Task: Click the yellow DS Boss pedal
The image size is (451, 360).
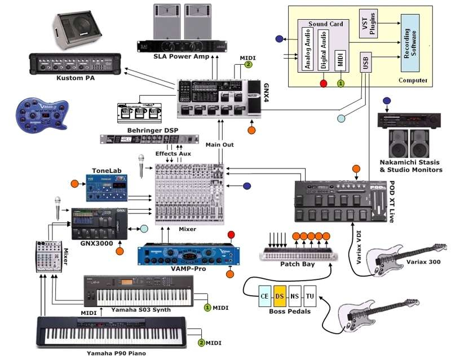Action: tap(280, 295)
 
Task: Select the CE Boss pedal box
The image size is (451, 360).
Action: tap(265, 295)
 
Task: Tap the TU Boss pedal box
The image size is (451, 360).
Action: tap(309, 295)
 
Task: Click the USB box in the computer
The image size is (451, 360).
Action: tap(366, 62)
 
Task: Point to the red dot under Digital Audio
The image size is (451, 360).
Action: tap(324, 84)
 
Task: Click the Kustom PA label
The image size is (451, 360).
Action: tap(76, 78)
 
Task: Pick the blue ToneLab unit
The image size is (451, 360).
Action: tap(106, 187)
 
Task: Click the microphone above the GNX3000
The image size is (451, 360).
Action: tap(58, 203)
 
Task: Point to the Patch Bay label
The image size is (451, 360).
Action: tap(297, 264)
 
